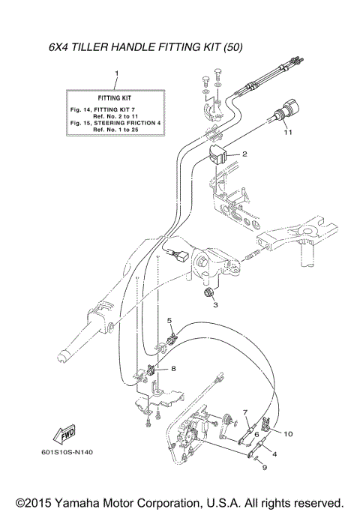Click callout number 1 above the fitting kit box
116,73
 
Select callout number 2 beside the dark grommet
244,154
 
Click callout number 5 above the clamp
169,321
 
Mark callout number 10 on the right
288,433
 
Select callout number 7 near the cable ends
244,412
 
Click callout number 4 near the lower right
274,454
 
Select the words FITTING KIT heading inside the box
116,98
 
